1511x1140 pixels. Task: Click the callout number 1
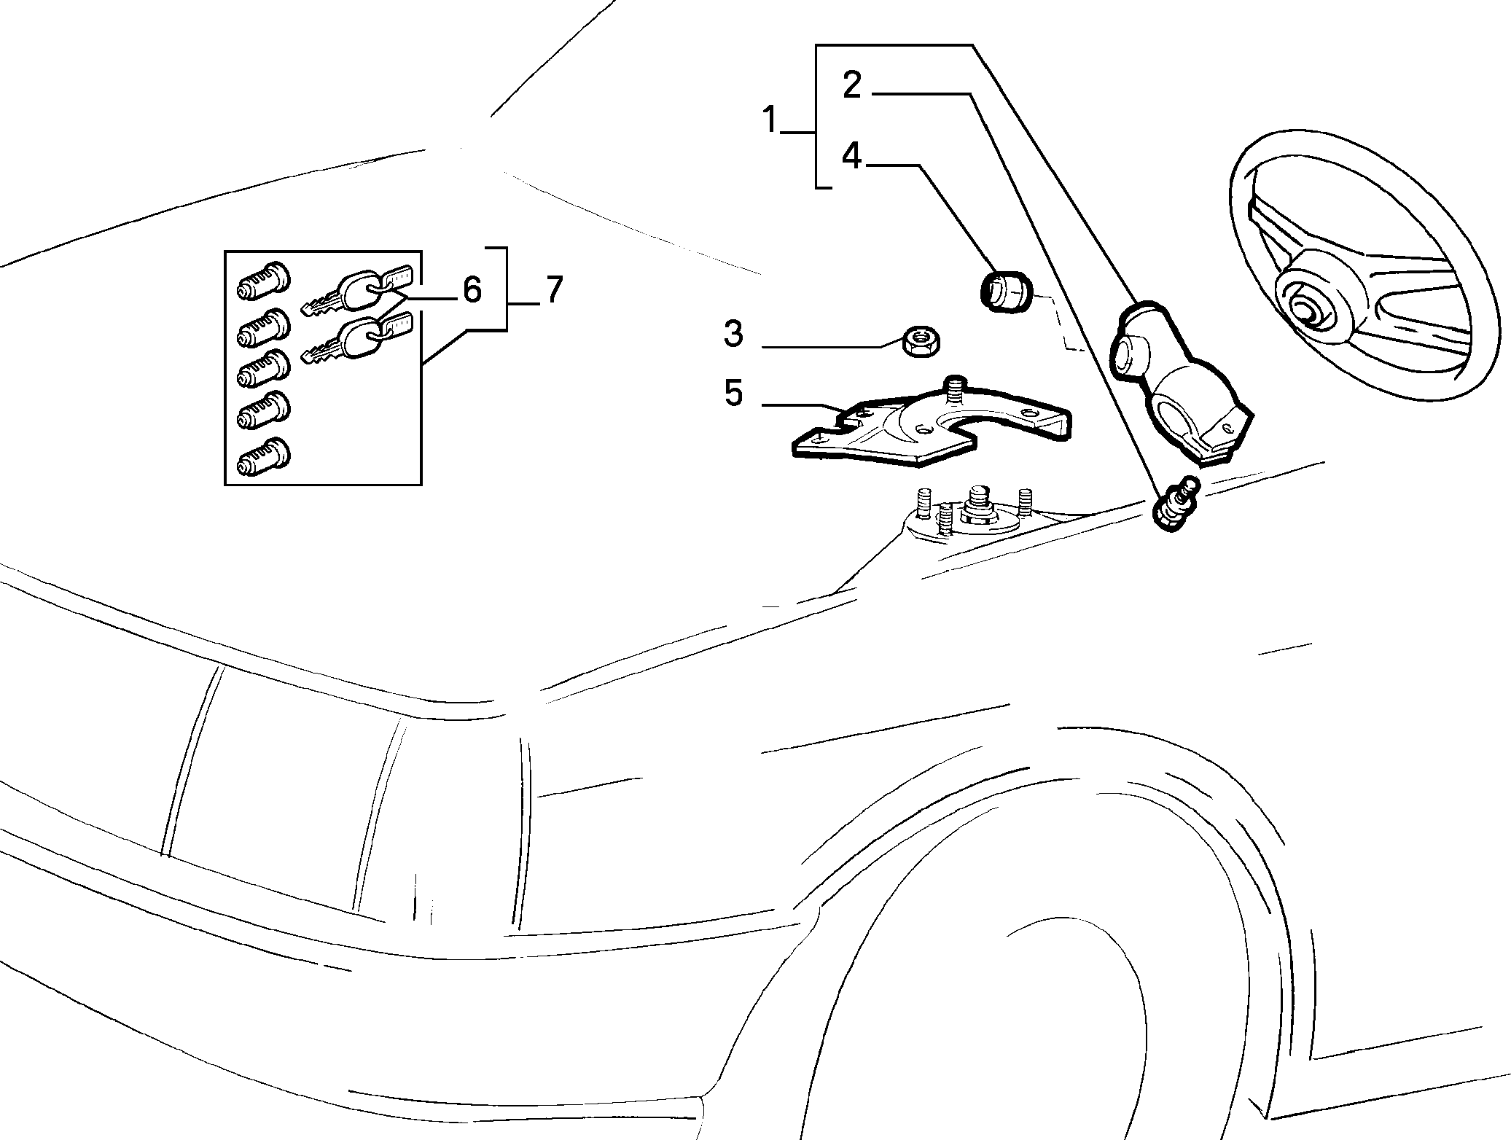(770, 120)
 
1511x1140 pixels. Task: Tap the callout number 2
(852, 85)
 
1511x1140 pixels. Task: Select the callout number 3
(733, 333)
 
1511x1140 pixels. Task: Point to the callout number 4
(852, 157)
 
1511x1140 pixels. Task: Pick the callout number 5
(733, 393)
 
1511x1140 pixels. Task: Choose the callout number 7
(554, 289)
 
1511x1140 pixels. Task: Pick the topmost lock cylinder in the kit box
(264, 280)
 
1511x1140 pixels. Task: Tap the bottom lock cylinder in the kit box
(264, 456)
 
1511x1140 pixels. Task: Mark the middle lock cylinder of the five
(264, 368)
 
